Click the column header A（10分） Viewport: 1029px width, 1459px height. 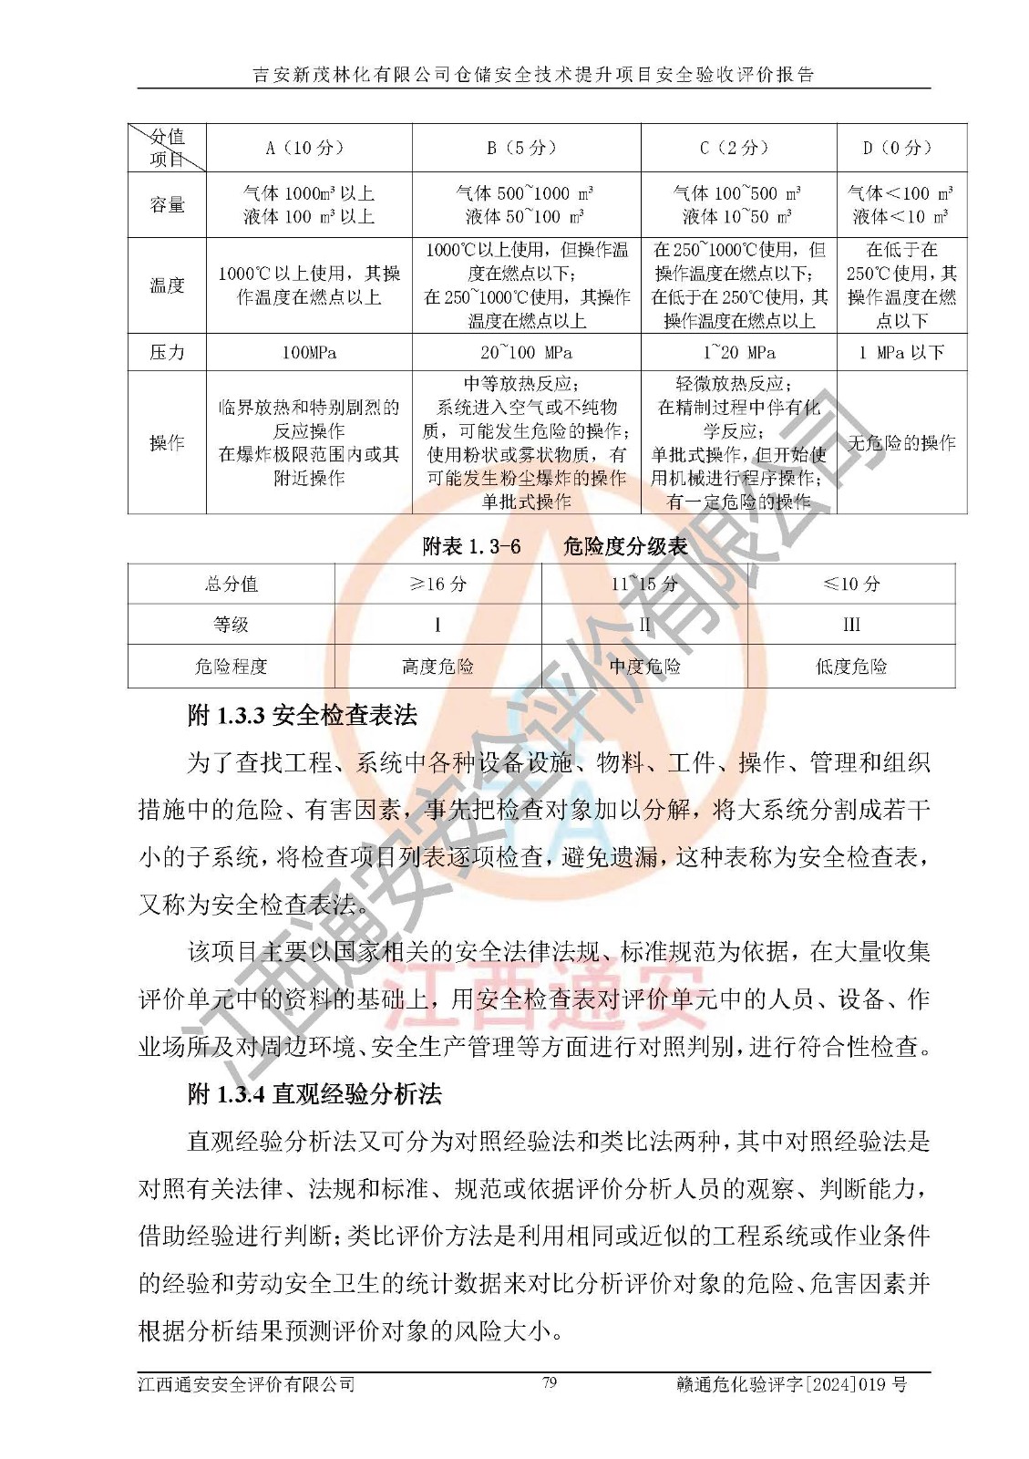[x=309, y=148]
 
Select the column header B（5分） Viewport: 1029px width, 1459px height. [x=526, y=148]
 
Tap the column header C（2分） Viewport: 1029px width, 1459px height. [x=738, y=148]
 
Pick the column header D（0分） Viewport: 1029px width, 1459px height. [x=901, y=148]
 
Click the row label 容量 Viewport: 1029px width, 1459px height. [x=167, y=205]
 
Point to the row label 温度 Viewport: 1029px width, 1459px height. [x=167, y=285]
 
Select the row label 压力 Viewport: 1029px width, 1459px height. [x=167, y=352]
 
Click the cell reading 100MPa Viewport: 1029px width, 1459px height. [x=309, y=352]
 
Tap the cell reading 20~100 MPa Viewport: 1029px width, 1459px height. [x=526, y=352]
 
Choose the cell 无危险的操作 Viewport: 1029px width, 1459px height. [x=901, y=443]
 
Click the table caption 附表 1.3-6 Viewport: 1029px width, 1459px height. [x=472, y=546]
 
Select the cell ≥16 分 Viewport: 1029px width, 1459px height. [x=438, y=584]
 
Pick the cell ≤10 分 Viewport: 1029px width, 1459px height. [x=851, y=584]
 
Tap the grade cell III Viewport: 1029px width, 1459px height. [x=851, y=625]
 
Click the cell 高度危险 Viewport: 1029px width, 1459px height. [x=438, y=667]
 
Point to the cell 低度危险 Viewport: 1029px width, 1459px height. [x=851, y=667]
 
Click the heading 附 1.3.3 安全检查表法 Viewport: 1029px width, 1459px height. [x=302, y=715]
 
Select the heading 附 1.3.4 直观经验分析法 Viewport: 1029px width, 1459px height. [x=314, y=1093]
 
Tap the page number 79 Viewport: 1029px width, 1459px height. [x=550, y=1382]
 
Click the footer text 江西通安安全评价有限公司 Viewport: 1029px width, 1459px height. [x=246, y=1384]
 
